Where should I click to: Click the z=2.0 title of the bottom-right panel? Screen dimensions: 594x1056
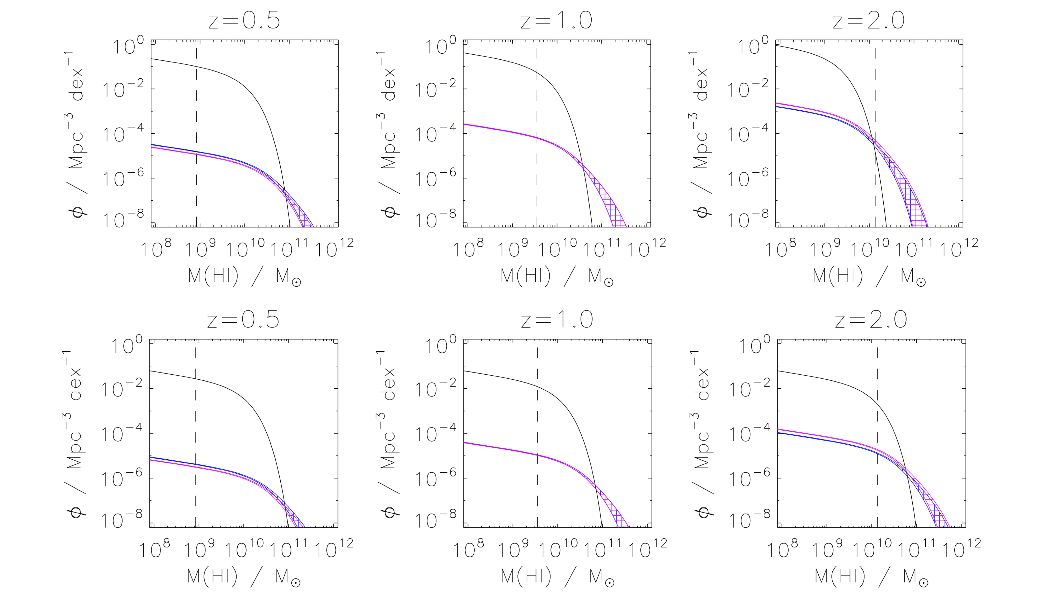(x=871, y=320)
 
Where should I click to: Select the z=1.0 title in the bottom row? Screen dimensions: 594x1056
(x=557, y=320)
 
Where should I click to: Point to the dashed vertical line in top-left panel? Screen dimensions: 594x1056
(x=196, y=123)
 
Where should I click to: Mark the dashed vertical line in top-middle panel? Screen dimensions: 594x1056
(x=537, y=123)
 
